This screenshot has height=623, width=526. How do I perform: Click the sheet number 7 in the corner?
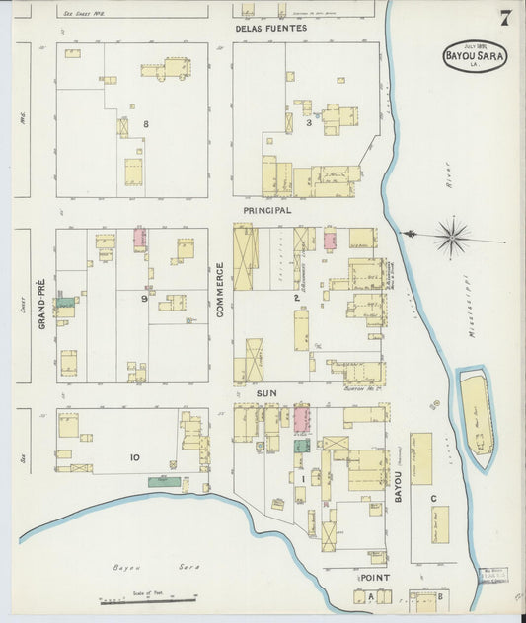(x=505, y=17)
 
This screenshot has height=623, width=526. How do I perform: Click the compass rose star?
(x=452, y=237)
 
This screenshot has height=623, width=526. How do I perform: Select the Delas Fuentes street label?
(x=271, y=29)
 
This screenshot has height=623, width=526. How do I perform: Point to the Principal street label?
(x=267, y=211)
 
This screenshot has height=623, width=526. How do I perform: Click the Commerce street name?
(x=221, y=289)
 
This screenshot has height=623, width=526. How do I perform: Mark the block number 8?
(x=145, y=124)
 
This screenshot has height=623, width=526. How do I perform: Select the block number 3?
(x=309, y=123)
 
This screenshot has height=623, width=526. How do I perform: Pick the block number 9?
(x=144, y=298)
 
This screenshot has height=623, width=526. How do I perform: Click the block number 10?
(x=135, y=456)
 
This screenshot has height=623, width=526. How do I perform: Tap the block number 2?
(x=296, y=297)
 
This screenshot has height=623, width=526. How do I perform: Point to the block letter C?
(x=433, y=499)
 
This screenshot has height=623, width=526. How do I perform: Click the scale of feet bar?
(x=148, y=600)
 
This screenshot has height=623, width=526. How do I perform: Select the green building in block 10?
(x=164, y=481)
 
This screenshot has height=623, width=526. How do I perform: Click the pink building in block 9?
(x=140, y=239)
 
